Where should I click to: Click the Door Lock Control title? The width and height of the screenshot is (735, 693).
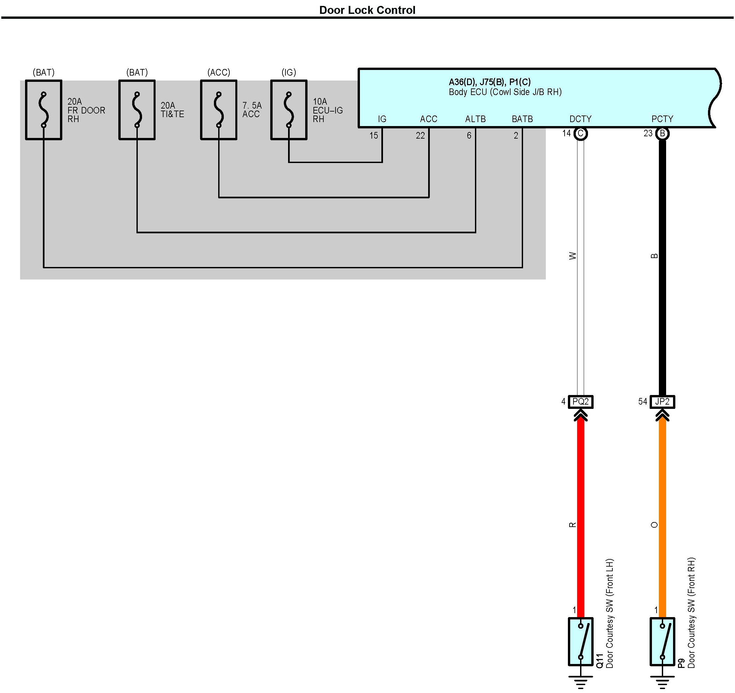367,10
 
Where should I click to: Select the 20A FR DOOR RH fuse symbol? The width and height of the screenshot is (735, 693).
44,110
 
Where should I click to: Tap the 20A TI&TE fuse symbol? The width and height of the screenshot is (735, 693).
137,110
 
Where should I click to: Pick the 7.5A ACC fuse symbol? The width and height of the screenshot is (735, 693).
219,110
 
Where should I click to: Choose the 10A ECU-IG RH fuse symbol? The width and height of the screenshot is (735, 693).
289,110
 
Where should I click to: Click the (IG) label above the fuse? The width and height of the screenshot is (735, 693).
289,72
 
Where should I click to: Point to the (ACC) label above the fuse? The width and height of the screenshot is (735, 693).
219,72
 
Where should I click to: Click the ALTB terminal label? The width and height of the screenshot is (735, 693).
476,119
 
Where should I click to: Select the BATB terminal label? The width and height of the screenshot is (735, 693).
522,119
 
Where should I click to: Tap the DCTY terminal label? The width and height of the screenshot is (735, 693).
580,119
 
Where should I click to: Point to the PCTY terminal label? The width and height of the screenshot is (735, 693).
662,119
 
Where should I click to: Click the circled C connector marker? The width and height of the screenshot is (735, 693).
580,133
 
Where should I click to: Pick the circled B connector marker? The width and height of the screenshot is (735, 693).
662,133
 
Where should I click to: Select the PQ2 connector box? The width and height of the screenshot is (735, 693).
580,402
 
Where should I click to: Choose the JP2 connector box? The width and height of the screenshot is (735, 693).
662,402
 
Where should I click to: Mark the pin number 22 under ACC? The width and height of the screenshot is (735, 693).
420,136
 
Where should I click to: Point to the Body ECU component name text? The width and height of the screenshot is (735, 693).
505,92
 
